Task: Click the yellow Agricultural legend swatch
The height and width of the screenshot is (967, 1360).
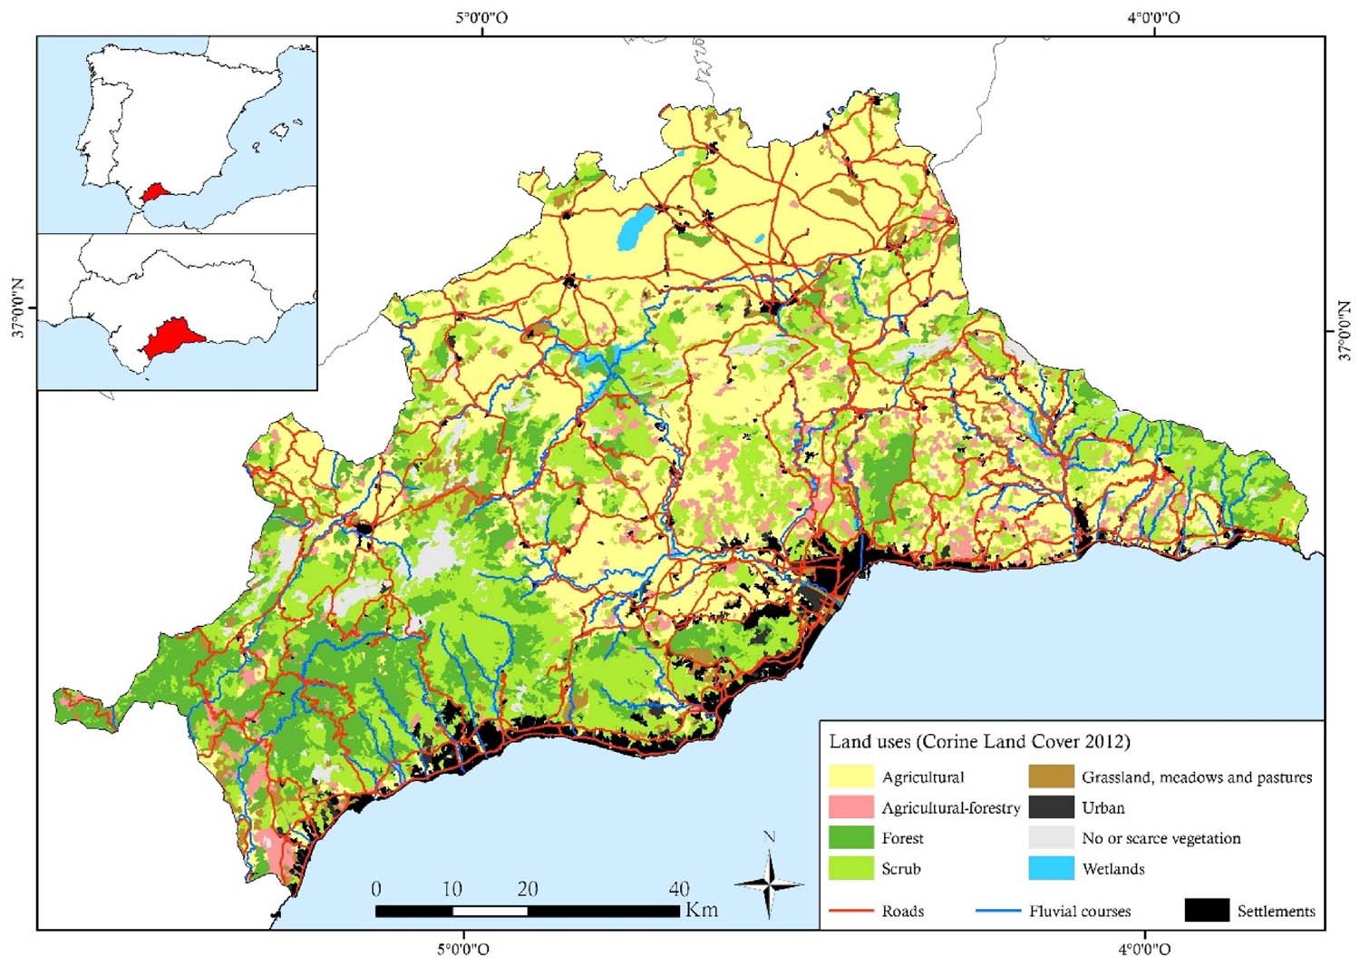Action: [x=850, y=777]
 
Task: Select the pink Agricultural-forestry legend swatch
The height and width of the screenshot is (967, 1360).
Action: [x=850, y=807]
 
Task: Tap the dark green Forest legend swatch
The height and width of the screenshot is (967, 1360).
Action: [x=850, y=838]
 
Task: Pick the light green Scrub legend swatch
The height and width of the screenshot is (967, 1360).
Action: [x=850, y=868]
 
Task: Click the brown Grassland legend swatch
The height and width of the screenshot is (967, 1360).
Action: [x=1051, y=777]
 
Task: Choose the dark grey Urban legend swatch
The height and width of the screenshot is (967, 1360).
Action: [x=1051, y=807]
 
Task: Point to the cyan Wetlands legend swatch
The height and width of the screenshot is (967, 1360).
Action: [x=1051, y=868]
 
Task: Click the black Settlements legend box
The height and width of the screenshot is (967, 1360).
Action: [x=1207, y=910]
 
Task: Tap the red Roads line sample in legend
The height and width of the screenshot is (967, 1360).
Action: [x=850, y=911]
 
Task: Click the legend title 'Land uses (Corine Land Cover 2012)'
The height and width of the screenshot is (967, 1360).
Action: [x=979, y=742]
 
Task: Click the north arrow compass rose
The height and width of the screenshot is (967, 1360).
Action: [x=769, y=884]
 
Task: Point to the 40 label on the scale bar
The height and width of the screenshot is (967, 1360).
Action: [x=678, y=889]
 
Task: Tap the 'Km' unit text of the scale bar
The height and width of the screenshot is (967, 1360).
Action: [x=701, y=910]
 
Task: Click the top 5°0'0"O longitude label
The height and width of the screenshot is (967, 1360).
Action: [x=481, y=17]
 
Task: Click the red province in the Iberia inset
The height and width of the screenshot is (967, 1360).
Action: [x=155, y=192]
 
